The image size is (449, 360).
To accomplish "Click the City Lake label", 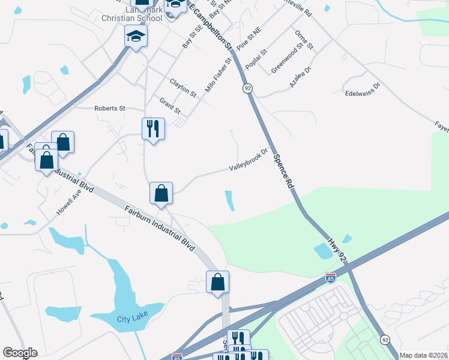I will [x=132, y=319].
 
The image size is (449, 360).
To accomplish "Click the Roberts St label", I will [x=109, y=109].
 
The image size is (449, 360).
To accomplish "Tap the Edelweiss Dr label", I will [x=363, y=90].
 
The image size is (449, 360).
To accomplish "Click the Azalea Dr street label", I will [x=301, y=77].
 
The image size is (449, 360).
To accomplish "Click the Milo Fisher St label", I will [x=218, y=74].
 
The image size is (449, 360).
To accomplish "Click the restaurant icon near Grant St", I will [x=152, y=128].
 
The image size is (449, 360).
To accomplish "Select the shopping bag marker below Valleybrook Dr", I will [x=161, y=193].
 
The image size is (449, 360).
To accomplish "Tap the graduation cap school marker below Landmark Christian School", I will [x=136, y=37].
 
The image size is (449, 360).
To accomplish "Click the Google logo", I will [x=20, y=353].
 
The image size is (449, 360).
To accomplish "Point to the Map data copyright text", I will [x=423, y=355].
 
